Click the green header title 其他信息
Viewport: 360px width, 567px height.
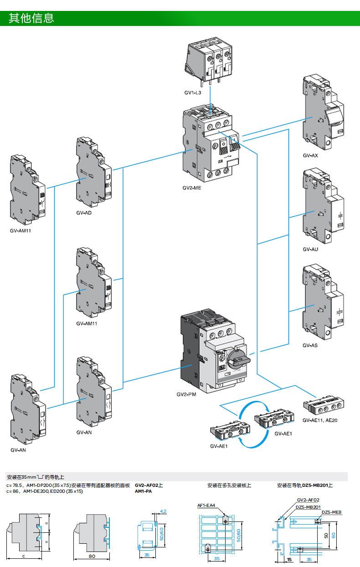[x=31, y=18]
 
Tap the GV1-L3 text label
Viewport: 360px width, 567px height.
[x=193, y=92]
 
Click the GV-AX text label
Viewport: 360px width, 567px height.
[x=310, y=155]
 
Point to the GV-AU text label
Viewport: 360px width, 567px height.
[x=310, y=249]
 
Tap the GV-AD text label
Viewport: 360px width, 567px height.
[x=84, y=213]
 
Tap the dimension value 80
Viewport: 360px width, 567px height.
[x=92, y=556]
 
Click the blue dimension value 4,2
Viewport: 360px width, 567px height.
[x=163, y=511]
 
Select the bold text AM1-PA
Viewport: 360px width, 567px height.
[x=143, y=492]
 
